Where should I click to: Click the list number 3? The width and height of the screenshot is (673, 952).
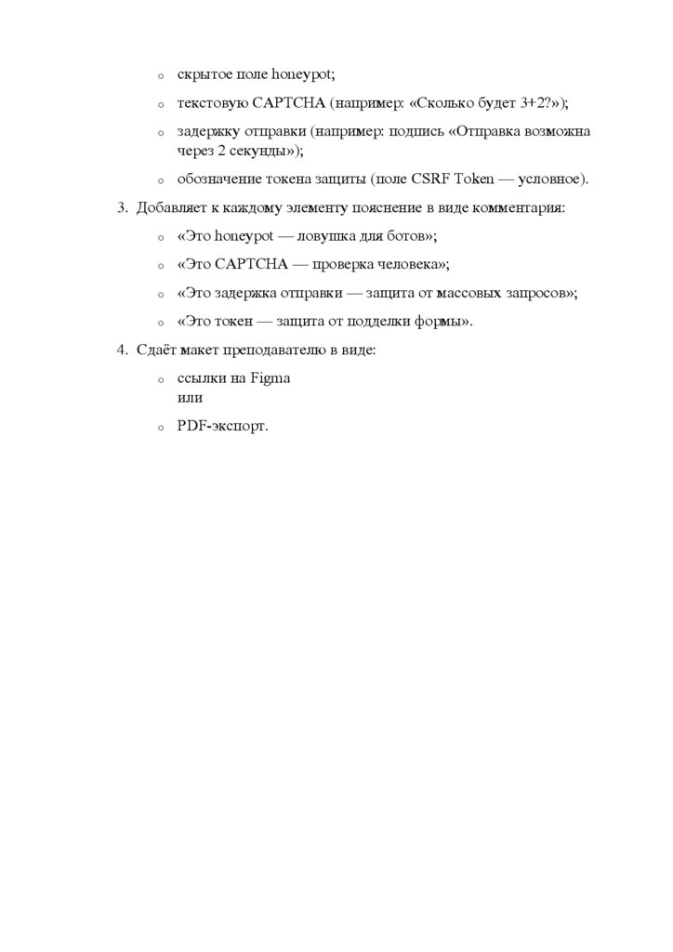point(121,207)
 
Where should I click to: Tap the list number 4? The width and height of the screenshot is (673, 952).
point(121,350)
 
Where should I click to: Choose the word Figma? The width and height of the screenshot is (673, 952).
point(271,379)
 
